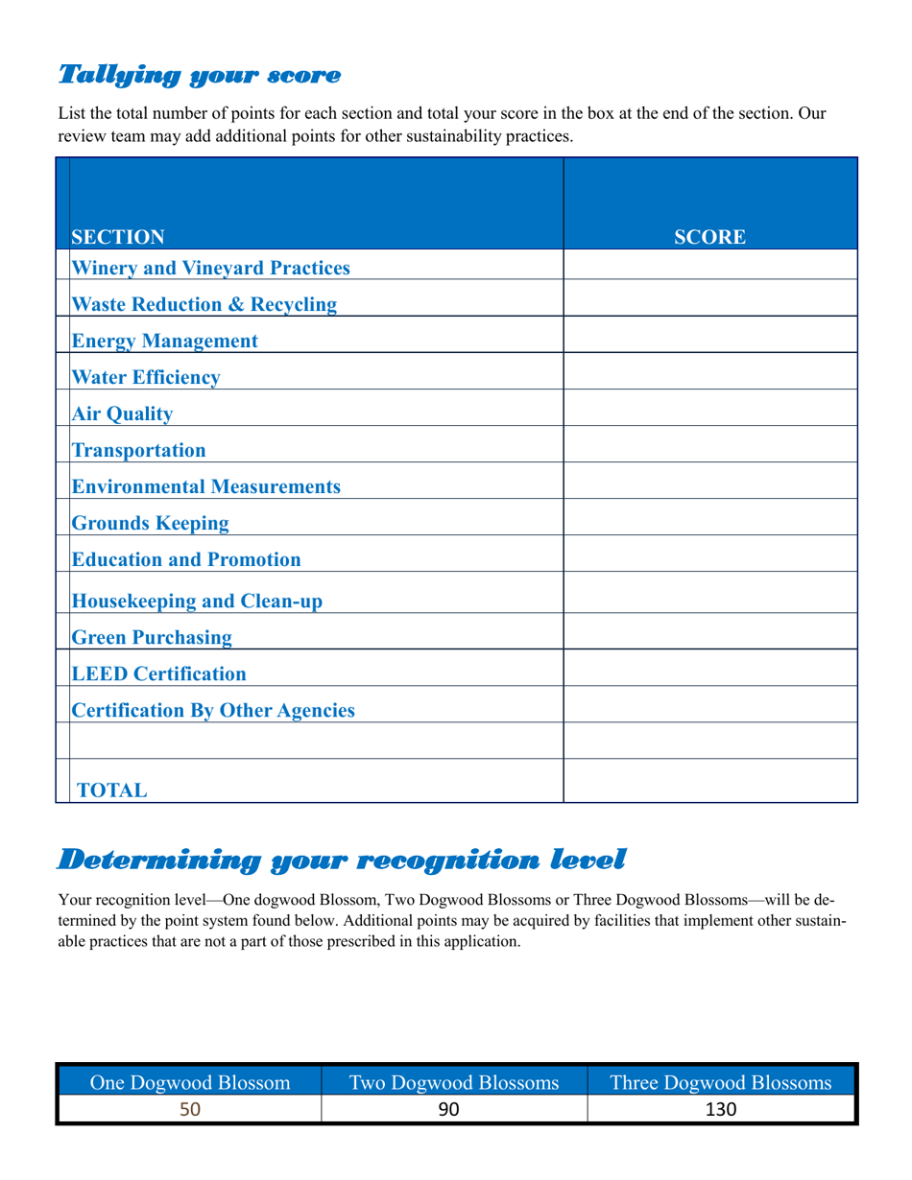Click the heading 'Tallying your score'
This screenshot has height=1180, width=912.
(x=200, y=74)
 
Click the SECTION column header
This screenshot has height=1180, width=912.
(x=118, y=236)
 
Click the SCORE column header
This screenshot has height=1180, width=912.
(x=709, y=236)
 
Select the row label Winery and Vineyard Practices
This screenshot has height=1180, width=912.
(x=211, y=267)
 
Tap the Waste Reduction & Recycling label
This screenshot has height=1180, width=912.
(x=205, y=304)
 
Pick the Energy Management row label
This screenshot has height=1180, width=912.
(x=165, y=340)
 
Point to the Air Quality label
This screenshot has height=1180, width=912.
(x=123, y=413)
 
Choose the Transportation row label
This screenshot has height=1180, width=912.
(x=139, y=449)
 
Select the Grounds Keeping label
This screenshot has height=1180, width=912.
(x=152, y=523)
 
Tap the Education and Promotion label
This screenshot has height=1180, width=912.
(x=187, y=558)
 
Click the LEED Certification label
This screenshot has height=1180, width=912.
(x=159, y=673)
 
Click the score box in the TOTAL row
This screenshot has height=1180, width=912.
(x=709, y=780)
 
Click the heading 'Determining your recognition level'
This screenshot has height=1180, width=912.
(x=342, y=860)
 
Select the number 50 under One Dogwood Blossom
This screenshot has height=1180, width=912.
(x=189, y=1110)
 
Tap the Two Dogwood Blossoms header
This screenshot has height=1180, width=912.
(x=454, y=1083)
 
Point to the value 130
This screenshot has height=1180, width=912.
(x=720, y=1110)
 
